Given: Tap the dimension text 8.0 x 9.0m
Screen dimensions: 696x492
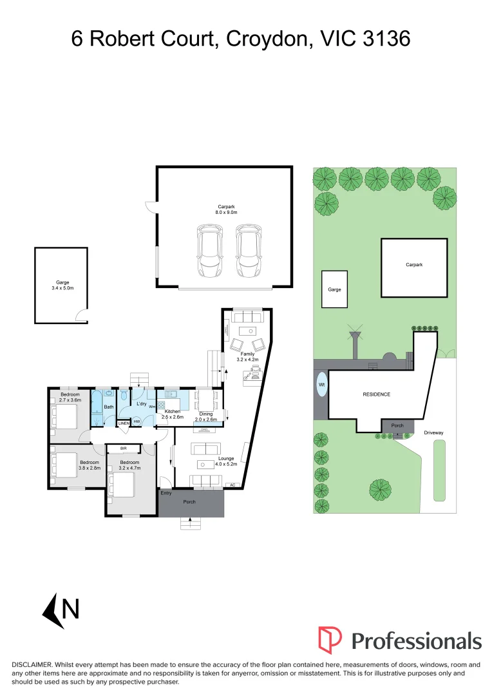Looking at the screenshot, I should click(x=226, y=212).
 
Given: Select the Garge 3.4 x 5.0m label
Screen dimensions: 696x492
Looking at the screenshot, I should click(x=62, y=285).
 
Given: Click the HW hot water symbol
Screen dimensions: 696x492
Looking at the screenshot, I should click(x=137, y=421).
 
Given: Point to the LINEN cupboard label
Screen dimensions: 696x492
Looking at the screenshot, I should click(x=123, y=423).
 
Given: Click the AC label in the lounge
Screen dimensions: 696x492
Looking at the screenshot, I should click(x=231, y=485).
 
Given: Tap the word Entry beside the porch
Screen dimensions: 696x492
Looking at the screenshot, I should click(x=166, y=493).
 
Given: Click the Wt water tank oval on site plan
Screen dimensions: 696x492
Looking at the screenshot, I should click(x=321, y=386).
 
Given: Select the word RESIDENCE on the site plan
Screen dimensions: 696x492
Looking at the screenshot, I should click(x=377, y=394).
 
